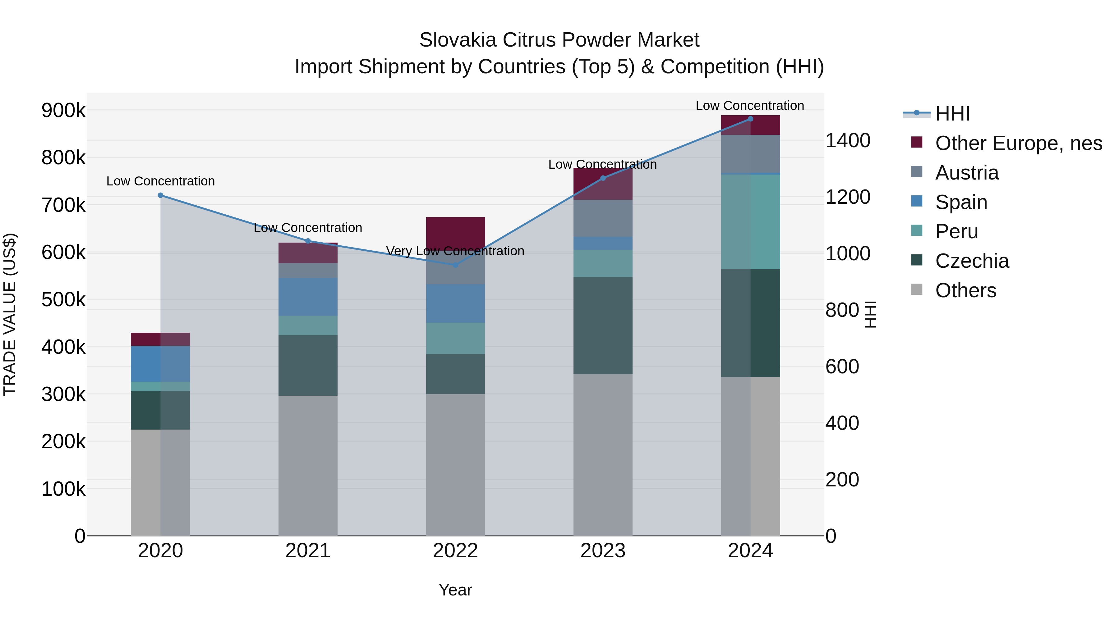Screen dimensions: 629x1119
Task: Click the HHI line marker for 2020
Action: point(160,195)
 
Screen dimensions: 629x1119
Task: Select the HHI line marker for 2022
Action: point(455,265)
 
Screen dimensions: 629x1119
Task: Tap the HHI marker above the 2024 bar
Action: point(750,119)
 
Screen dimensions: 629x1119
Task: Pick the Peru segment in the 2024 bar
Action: point(750,221)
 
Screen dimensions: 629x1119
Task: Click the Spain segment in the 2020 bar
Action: point(160,363)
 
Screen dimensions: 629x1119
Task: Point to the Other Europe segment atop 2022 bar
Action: point(455,232)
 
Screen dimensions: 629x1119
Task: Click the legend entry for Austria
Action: point(966,173)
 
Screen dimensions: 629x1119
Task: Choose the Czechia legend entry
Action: point(972,261)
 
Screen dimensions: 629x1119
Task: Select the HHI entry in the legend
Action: point(952,114)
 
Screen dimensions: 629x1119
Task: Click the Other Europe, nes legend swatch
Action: point(917,142)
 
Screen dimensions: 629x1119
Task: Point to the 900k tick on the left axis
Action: point(63,110)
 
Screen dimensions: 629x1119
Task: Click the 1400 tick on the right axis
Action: point(847,141)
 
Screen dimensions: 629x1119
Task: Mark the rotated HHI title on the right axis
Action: point(871,314)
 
